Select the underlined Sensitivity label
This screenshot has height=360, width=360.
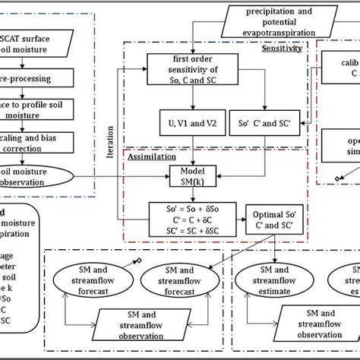282,48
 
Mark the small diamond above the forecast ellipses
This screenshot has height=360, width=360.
138,262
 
